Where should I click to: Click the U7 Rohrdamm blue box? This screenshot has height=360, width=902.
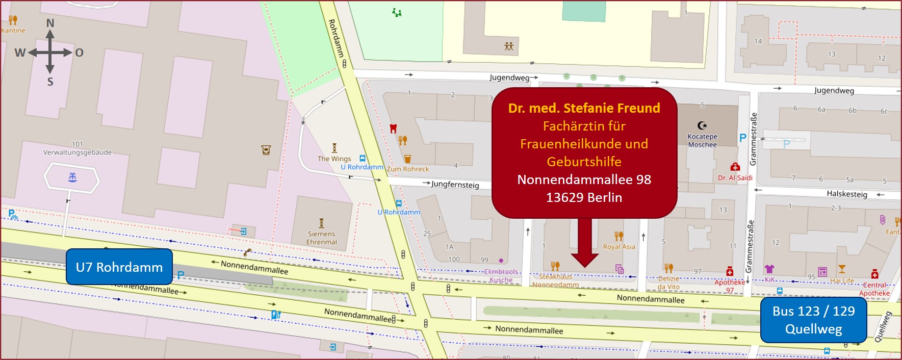(x=119, y=267)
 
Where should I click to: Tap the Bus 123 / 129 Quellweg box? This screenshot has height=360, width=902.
(x=813, y=320)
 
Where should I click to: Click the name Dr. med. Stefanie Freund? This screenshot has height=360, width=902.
(x=584, y=108)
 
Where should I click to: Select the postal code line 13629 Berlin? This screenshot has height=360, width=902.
(x=584, y=197)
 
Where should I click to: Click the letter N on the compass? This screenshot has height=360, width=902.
(x=50, y=23)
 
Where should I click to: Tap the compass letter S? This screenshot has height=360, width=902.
(x=50, y=82)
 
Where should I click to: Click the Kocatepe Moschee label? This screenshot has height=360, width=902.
(x=702, y=140)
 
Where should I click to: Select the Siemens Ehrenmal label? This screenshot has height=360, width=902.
(x=321, y=238)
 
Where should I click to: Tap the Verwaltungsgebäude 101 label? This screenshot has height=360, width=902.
(x=78, y=148)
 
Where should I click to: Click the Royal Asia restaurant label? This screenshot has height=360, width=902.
(x=619, y=246)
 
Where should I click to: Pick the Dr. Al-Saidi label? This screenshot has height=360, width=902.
(x=735, y=177)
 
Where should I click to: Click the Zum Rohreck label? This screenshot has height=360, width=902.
(x=408, y=169)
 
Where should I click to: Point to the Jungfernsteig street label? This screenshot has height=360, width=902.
(x=455, y=184)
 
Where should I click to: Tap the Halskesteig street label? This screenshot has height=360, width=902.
(x=846, y=194)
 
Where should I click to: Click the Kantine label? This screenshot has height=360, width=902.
(x=13, y=30)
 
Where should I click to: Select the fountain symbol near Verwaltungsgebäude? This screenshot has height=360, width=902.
(x=72, y=177)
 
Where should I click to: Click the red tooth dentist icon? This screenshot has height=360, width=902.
(x=393, y=128)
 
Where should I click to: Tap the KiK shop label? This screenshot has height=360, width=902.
(x=770, y=279)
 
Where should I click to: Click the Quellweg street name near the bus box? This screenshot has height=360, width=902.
(x=883, y=327)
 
